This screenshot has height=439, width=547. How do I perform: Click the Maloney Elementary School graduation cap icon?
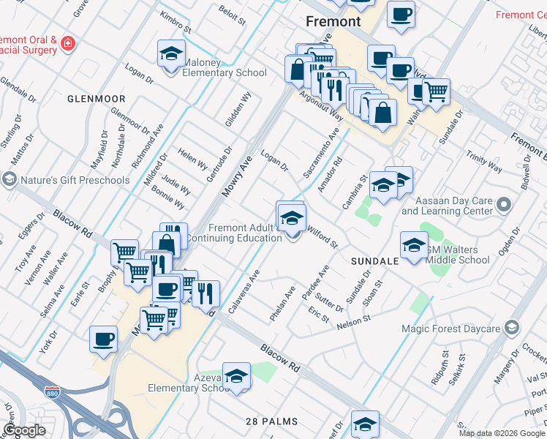pyautogui.click(x=171, y=54)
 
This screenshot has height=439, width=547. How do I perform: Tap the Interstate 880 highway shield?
pyautogui.click(x=51, y=393)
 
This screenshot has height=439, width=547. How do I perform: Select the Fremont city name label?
pyautogui.click(x=333, y=21)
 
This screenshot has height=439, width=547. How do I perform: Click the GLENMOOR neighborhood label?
pyautogui.click(x=97, y=98)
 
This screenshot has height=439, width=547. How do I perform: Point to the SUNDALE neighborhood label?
pyautogui.click(x=374, y=260)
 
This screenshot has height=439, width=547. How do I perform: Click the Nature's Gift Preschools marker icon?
pyautogui.click(x=10, y=179)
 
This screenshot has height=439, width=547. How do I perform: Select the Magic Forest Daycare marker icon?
pyautogui.click(x=513, y=327)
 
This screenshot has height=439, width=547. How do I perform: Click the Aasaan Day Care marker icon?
pyautogui.click(x=503, y=203)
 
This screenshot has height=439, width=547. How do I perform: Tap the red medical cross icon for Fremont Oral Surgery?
pyautogui.click(x=68, y=43)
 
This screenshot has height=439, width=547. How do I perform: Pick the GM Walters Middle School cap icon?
pyautogui.click(x=414, y=245)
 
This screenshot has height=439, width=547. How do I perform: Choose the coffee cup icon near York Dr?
pyautogui.click(x=103, y=339)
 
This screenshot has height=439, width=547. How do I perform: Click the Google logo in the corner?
pyautogui.click(x=24, y=430)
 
